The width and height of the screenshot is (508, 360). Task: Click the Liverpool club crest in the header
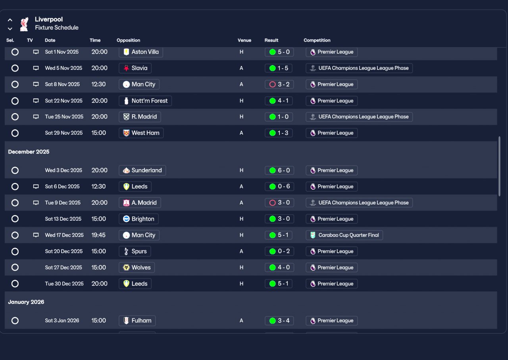point(24,24)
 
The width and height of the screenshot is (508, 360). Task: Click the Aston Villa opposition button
point(141,52)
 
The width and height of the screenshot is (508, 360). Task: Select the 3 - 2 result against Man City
point(279,85)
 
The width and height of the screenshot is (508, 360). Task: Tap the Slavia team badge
point(126,68)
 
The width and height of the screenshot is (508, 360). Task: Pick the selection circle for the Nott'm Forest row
point(15,101)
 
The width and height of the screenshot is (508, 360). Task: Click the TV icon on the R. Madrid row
point(36,117)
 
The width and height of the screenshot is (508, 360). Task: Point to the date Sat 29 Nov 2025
point(64,133)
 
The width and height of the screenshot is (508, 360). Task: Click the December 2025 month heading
point(29,152)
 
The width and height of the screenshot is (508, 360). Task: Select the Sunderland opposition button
point(142,170)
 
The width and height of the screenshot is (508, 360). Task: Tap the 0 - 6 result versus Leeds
point(279,187)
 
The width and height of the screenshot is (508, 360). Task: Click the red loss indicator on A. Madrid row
point(272,202)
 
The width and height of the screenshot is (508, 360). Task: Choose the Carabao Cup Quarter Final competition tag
point(344,235)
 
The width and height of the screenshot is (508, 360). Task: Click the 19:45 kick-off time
point(98,235)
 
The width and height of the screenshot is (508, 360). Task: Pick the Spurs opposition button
point(135,251)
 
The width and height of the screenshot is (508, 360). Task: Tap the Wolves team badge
point(126,268)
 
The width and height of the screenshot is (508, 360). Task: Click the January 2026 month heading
point(26,302)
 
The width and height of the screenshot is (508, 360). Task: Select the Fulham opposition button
point(137,321)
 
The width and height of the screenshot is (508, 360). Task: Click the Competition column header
point(317,40)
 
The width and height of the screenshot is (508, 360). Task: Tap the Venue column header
point(244,40)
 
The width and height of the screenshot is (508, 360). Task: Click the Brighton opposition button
point(139,219)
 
